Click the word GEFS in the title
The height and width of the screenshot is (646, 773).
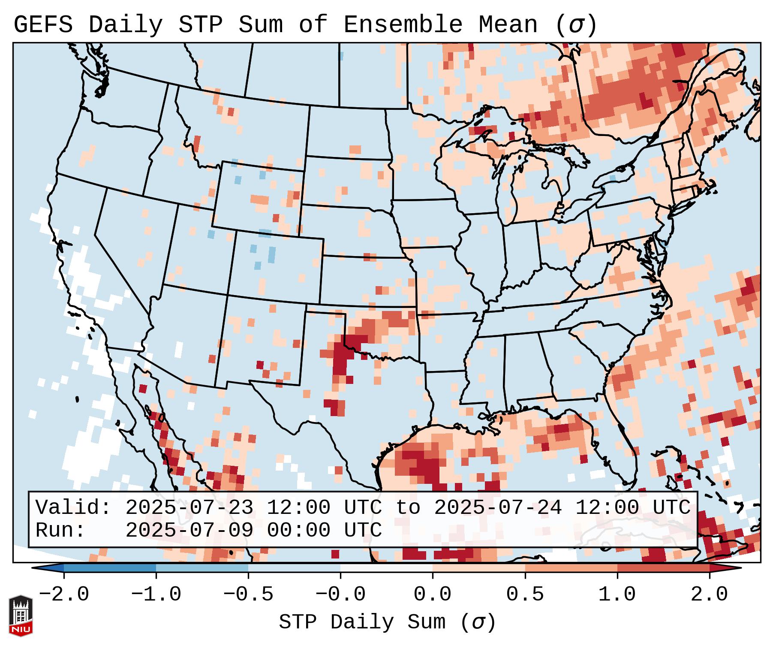click(x=43, y=25)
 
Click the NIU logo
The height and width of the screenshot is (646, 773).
click(x=21, y=616)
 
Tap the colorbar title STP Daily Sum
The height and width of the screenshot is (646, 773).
click(x=362, y=622)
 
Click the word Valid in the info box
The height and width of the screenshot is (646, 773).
click(x=73, y=507)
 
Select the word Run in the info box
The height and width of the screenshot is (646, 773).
click(x=60, y=530)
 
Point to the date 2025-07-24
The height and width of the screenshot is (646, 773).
click(x=498, y=507)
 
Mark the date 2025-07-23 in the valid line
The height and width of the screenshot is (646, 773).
click(x=189, y=507)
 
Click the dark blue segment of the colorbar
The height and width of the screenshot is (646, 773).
click(x=110, y=568)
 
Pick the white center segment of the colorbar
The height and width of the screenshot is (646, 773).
click(x=386, y=568)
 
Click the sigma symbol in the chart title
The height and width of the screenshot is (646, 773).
click(x=576, y=26)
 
